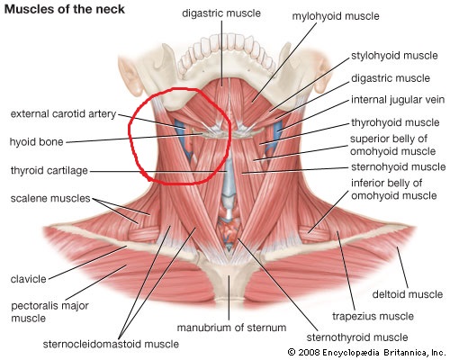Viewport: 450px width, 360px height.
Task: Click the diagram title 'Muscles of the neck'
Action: pos(65,9)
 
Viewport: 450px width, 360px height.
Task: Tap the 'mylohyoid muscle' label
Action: pos(336,16)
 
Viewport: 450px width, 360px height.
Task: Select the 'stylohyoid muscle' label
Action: pos(394,56)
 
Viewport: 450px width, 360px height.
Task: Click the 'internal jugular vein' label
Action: pos(398,100)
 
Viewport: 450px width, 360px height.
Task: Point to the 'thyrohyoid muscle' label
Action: pos(395,122)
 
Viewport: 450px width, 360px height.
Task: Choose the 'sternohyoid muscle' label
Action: pos(399,166)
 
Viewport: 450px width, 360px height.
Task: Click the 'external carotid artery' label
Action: pos(63,114)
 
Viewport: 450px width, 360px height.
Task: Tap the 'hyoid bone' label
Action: pos(37,142)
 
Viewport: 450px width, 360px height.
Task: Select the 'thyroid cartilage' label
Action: pos(49,170)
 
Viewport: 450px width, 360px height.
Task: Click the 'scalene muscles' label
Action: pos(50,198)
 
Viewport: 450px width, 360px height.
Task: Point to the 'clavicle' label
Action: pos(29,279)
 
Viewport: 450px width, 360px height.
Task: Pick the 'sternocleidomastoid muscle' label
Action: pos(111,344)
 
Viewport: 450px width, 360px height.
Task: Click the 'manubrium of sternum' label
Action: pos(231,328)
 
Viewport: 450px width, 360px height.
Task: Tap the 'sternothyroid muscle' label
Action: pos(357,337)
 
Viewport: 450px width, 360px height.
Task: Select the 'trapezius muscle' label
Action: pos(373,316)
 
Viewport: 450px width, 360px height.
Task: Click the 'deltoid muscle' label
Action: pos(408,294)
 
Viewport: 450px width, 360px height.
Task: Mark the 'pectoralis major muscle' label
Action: pos(49,312)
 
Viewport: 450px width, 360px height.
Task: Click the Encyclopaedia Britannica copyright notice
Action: pos(366,352)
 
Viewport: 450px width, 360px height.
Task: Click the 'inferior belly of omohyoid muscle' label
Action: pos(394,189)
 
